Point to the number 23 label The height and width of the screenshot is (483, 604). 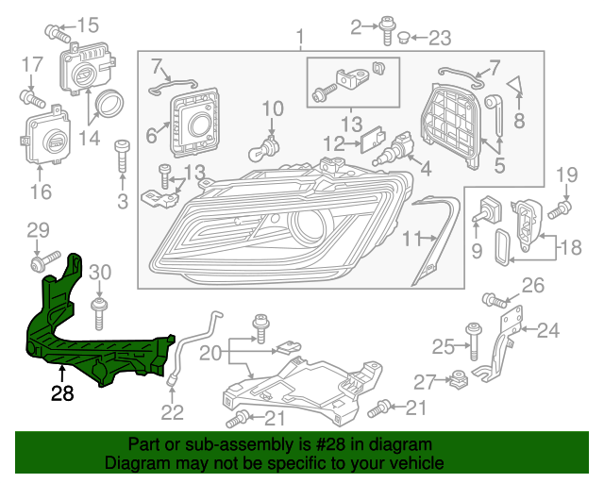[441, 39]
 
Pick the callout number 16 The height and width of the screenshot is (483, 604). [40, 192]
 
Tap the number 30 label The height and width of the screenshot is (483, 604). [100, 273]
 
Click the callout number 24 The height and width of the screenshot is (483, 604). [548, 330]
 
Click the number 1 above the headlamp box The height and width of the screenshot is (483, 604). [300, 38]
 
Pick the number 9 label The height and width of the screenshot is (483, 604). [477, 251]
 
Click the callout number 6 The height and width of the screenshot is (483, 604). [151, 136]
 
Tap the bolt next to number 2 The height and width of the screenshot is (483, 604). [388, 30]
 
